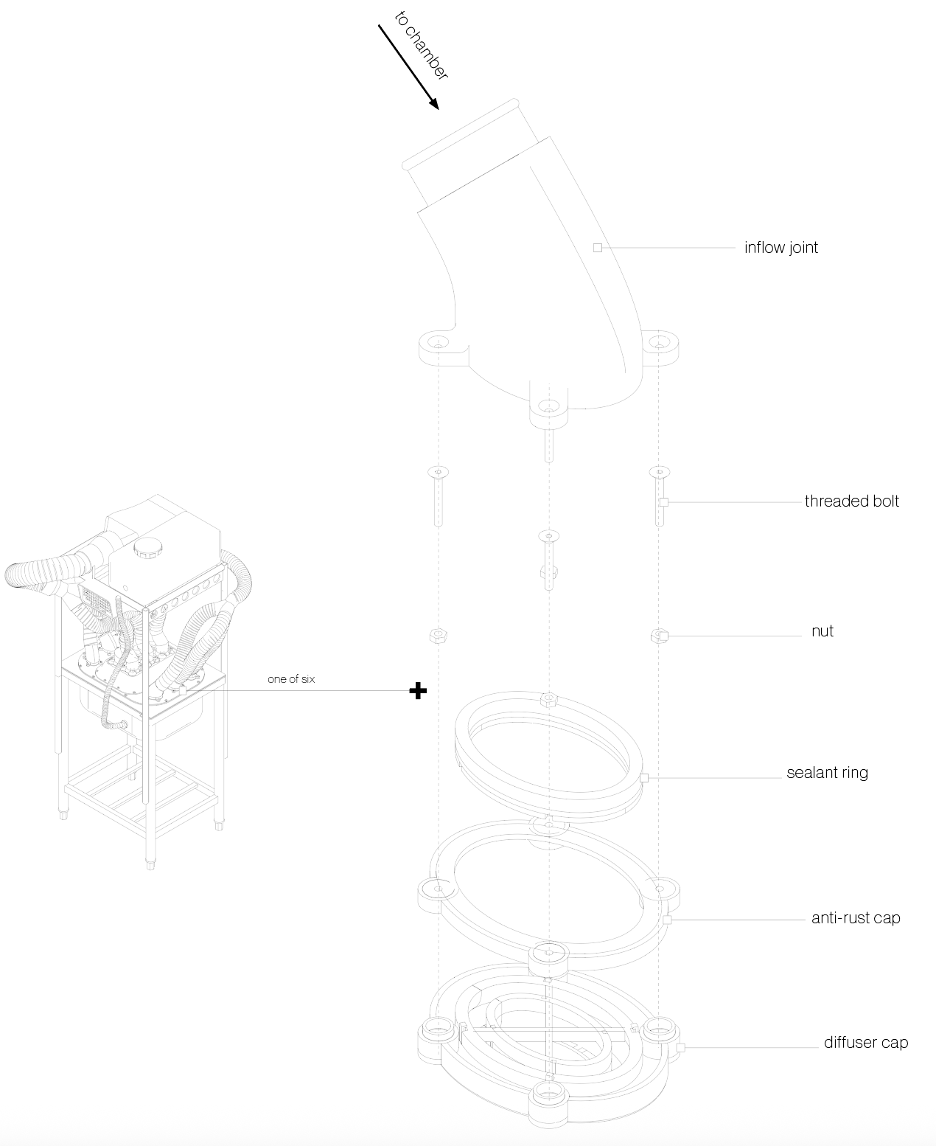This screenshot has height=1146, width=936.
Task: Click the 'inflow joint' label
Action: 780,248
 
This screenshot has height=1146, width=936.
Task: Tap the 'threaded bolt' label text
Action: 851,501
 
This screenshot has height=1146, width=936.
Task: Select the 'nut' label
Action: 822,631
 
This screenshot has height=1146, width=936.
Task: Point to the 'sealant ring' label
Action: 827,773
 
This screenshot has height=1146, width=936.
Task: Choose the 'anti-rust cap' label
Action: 855,918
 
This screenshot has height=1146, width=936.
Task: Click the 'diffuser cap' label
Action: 865,1043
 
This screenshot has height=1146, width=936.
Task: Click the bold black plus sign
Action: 418,691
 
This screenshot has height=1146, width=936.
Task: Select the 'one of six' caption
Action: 291,679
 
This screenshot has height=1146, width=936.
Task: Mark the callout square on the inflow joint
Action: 598,248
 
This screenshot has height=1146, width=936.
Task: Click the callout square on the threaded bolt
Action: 663,502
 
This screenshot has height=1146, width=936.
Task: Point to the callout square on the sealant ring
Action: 643,777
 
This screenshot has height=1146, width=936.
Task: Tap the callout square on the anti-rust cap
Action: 666,920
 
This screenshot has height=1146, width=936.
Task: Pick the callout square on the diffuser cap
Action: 680,1047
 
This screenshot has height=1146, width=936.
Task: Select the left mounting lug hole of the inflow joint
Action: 439,342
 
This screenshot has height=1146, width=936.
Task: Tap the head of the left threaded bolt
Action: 439,471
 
